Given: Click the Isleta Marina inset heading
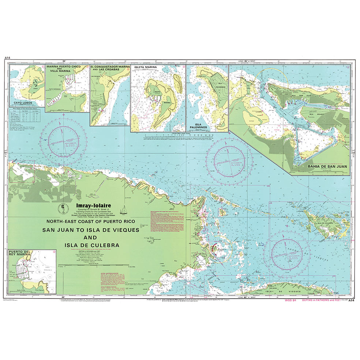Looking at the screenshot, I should (146, 68).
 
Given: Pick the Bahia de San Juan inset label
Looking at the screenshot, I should (320, 169).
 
